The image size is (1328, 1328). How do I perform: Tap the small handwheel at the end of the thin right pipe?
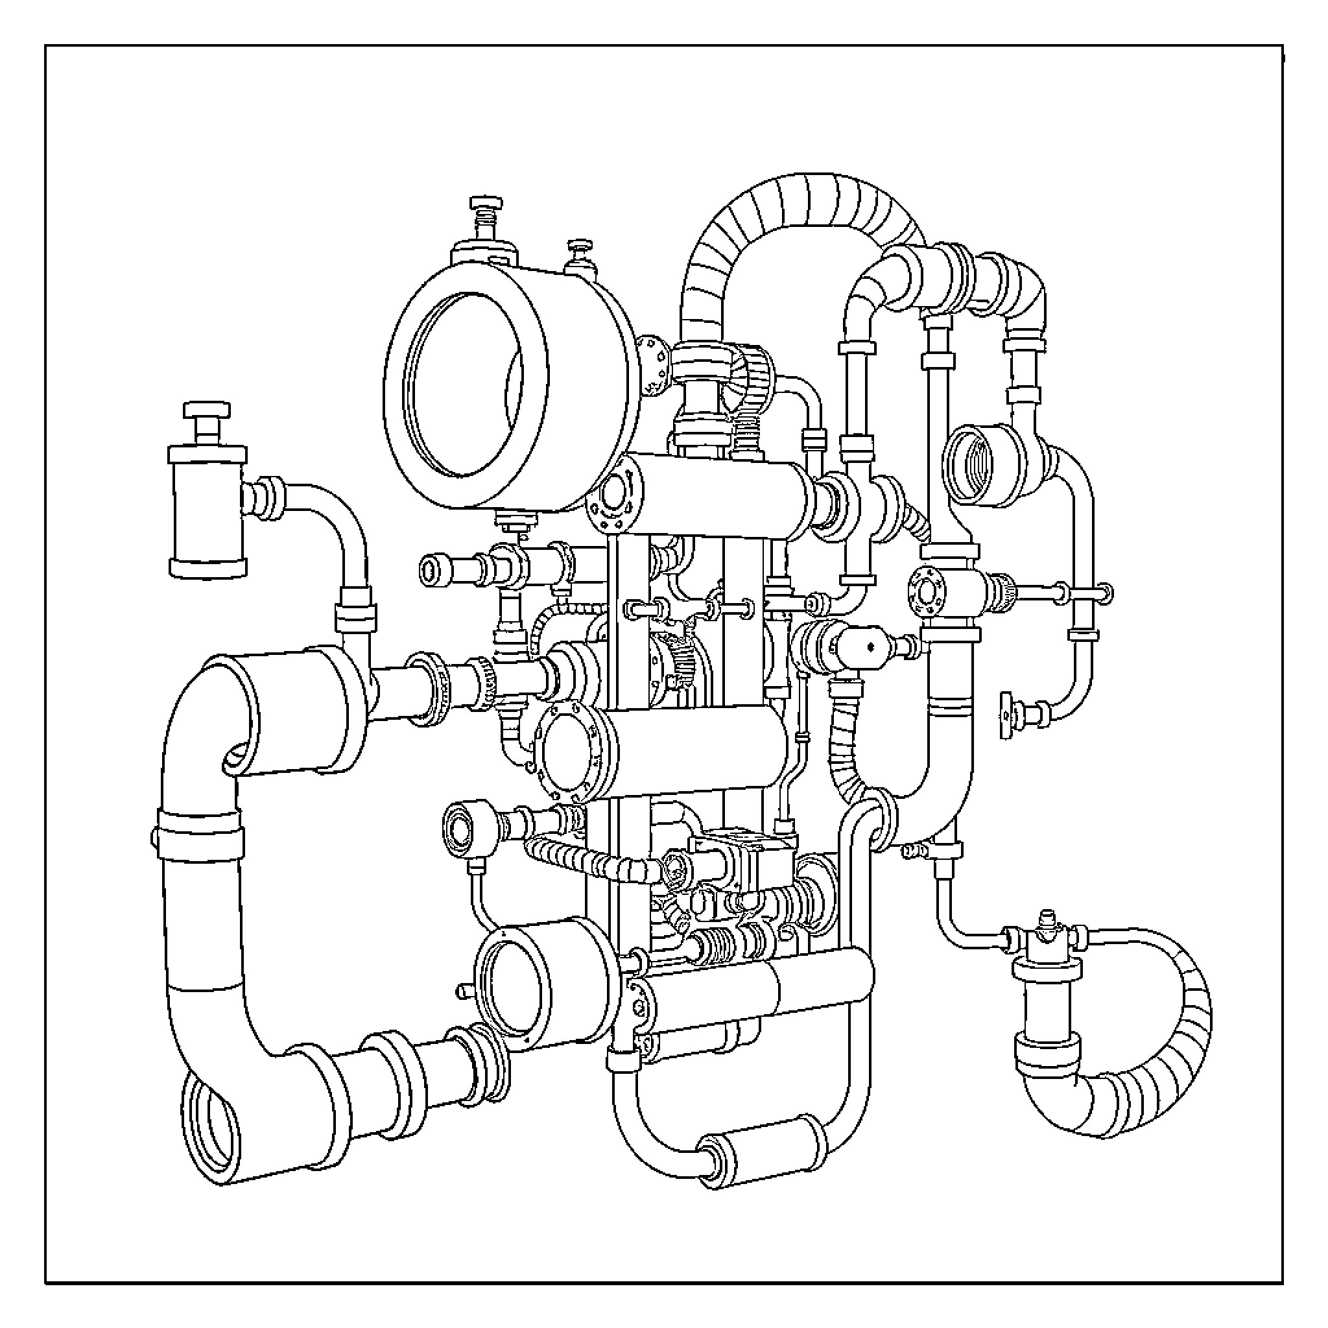click(1006, 717)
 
